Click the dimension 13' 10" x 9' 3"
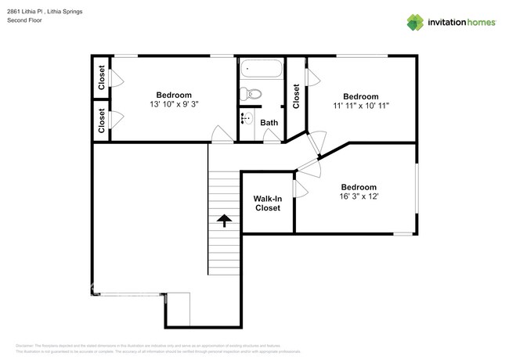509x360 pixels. [173, 105]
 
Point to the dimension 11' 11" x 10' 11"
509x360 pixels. [360, 106]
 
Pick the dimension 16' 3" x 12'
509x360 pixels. [359, 197]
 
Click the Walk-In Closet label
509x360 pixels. [267, 203]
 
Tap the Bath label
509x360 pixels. [269, 123]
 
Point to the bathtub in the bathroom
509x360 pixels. [259, 70]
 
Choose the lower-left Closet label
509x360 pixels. [102, 121]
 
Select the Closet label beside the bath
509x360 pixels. [296, 96]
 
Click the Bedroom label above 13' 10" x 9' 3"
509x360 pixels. [173, 95]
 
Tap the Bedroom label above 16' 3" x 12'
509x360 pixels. [359, 187]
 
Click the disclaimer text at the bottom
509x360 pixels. [157, 346]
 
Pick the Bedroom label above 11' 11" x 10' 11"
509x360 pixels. [360, 95]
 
